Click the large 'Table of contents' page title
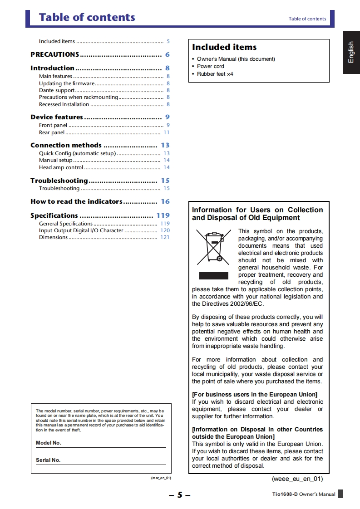point(87,18)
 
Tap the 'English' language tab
point(351,52)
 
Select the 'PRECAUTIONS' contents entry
point(55,54)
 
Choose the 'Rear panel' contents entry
point(52,132)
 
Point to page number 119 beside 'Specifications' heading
point(163,215)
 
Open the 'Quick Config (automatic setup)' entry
point(77,153)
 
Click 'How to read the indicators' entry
point(76,201)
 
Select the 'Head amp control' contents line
point(61,167)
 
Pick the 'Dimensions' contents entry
point(53,237)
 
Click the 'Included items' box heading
point(224,47)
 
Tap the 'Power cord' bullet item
point(211,66)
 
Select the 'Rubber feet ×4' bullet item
point(215,74)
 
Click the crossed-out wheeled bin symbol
point(212,248)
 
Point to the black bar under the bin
point(213,276)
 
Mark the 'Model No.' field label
point(49,443)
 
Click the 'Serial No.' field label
point(48,460)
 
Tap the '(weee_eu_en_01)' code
point(297,479)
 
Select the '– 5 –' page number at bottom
point(180,494)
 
